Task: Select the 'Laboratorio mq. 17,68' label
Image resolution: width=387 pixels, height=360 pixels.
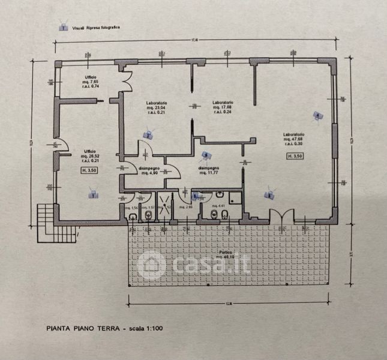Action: tap(222, 106)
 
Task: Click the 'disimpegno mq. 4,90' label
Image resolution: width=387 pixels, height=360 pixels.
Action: tap(149, 172)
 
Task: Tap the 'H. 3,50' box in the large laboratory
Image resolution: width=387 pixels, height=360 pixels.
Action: tap(294, 155)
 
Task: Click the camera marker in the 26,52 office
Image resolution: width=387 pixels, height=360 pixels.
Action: tap(92, 193)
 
